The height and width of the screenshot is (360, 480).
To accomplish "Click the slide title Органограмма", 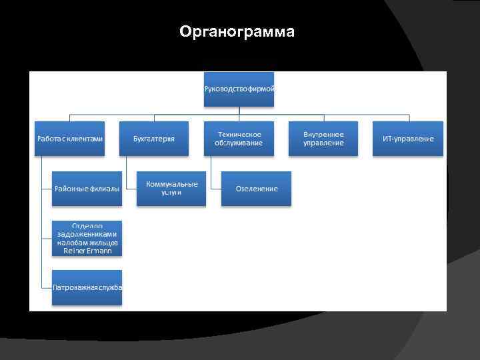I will [237, 32].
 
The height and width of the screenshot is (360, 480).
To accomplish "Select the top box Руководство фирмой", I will [239, 89].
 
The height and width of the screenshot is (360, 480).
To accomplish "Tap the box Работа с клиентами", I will [69, 139].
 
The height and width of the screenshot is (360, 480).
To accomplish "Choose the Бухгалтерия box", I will [154, 139].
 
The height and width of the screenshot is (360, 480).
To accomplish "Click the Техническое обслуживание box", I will [239, 139].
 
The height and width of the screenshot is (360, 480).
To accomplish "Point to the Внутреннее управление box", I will [323, 139].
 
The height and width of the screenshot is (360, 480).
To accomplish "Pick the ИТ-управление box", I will [408, 139].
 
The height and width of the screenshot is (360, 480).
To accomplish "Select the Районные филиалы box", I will [87, 189].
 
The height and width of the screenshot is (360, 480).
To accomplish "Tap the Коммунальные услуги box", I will [171, 189].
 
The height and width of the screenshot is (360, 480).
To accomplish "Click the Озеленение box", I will [257, 189].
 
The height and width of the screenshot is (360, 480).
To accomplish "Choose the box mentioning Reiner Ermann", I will [87, 239].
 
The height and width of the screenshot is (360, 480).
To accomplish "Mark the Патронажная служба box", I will [87, 287].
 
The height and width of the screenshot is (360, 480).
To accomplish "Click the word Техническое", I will [239, 134].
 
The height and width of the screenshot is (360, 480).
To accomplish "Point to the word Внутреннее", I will [323, 134].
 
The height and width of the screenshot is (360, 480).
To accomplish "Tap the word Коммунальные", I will [171, 184].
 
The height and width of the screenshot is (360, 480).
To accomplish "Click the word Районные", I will [71, 189].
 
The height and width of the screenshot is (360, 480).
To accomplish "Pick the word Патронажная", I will [75, 287].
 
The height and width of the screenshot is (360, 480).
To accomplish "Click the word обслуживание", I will [239, 143].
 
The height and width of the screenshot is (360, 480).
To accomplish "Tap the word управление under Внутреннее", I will [323, 143].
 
